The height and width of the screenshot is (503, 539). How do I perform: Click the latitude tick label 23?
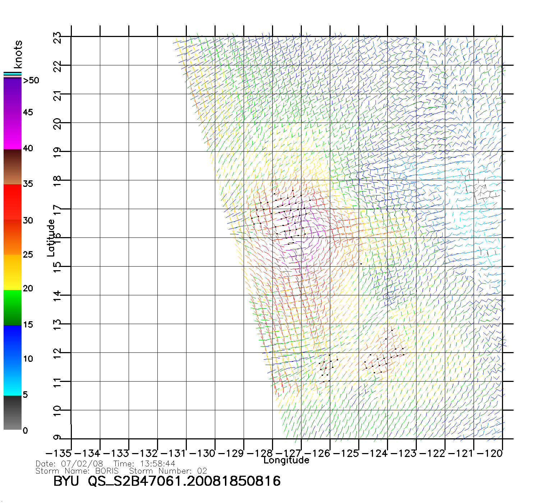(57, 37)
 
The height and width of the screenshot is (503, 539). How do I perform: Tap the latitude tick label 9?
(57, 437)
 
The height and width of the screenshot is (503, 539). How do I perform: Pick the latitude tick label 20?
(57, 124)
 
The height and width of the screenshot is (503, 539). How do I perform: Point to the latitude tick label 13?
(57, 325)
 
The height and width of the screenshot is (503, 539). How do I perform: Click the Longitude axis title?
(286, 460)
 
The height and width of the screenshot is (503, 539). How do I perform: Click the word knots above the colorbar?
(18, 54)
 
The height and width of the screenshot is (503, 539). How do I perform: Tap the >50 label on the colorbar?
(31, 80)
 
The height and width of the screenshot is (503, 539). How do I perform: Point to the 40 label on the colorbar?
(28, 148)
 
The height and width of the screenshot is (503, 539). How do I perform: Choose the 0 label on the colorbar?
(25, 430)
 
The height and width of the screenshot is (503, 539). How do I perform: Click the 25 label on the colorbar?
(28, 255)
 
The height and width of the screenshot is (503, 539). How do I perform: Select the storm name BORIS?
(107, 471)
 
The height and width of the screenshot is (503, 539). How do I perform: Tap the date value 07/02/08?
(82, 464)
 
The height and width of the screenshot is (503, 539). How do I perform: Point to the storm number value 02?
(202, 471)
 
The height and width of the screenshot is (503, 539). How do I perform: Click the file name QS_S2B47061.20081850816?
(184, 481)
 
